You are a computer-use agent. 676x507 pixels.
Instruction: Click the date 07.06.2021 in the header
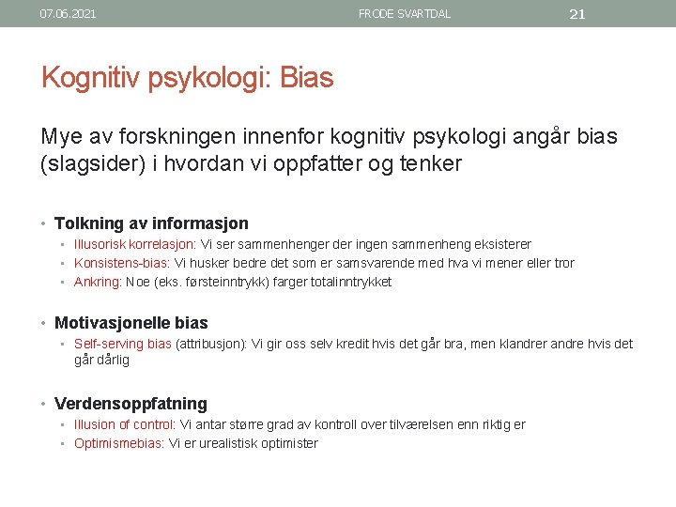68,14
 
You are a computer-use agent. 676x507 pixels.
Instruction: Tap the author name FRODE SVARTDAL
404,14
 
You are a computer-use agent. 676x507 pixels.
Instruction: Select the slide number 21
577,14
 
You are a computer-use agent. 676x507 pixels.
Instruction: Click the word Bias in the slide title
306,78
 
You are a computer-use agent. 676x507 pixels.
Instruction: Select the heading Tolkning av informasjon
151,223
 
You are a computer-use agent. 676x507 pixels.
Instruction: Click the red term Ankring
98,282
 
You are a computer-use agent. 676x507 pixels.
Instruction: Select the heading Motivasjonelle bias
131,323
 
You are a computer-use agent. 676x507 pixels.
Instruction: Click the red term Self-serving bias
122,344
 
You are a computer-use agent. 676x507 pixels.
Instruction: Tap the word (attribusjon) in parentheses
211,344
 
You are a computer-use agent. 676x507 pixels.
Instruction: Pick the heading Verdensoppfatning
131,404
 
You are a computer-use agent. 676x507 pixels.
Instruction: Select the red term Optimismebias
118,443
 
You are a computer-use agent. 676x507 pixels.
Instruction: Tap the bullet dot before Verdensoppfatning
46,405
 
